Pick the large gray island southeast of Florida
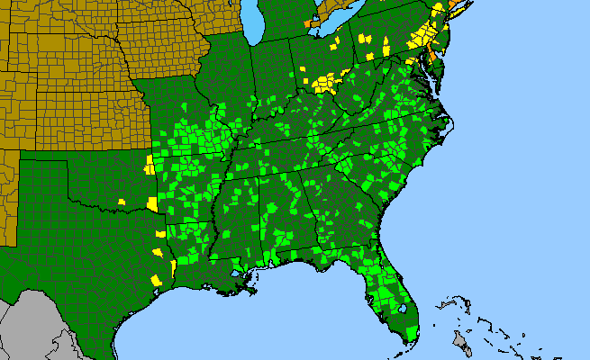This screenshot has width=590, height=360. [461, 341]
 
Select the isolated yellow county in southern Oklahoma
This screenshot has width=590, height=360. [121, 201]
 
